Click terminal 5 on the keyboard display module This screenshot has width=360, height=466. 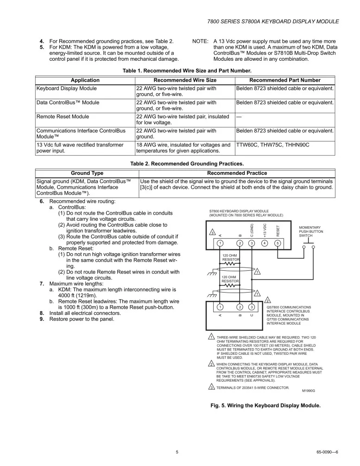(278, 243)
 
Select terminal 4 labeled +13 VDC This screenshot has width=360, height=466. (265, 243)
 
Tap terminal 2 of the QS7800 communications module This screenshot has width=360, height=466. (240, 306)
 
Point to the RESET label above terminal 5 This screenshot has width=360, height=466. (278, 230)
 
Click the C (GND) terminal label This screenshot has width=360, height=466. (252, 230)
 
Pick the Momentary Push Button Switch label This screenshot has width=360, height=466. (311, 231)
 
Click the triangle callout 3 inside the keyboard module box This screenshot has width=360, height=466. (212, 232)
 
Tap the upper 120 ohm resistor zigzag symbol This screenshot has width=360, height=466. (231, 264)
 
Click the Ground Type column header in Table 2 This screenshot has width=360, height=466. (87, 173)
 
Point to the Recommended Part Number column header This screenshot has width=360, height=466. (285, 80)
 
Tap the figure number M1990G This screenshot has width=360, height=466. (308, 391)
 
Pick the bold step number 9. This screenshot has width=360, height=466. (42, 319)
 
